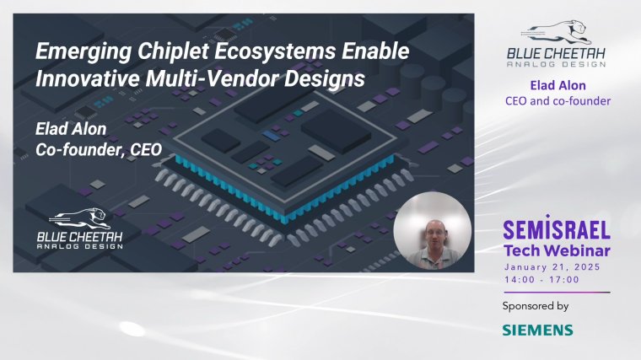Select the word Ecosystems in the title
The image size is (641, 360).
coord(276,51)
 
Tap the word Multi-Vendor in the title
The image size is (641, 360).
coord(213,78)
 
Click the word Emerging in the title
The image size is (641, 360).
coord(83,52)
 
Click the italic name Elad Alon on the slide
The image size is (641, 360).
coord(71,129)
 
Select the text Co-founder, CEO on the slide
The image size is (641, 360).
coord(99,149)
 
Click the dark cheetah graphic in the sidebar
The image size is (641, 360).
coord(556,32)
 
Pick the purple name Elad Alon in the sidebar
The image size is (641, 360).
coord(558,85)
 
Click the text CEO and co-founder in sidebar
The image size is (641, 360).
coord(558,101)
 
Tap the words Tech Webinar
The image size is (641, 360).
coord(557,250)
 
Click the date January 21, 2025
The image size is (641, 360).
coord(552,267)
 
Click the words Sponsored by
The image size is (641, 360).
coord(536,306)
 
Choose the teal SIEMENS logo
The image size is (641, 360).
coord(537,330)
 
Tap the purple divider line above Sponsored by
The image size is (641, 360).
coord(557,293)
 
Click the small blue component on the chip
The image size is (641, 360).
coord(272,136)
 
